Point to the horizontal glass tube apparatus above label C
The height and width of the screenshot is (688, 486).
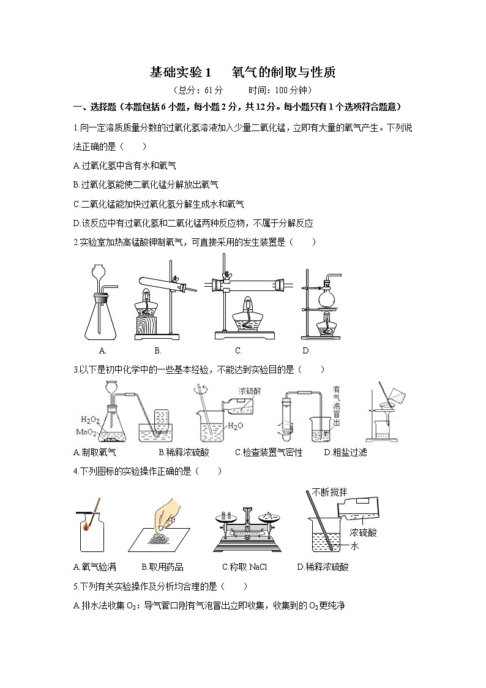click(x=247, y=284)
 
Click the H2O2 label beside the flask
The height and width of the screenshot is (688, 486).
click(x=90, y=420)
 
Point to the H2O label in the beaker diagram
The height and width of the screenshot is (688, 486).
click(x=236, y=426)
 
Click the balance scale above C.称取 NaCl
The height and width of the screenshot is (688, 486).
click(x=247, y=528)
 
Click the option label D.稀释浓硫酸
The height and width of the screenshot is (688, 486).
click(x=323, y=567)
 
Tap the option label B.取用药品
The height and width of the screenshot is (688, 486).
click(x=162, y=567)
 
